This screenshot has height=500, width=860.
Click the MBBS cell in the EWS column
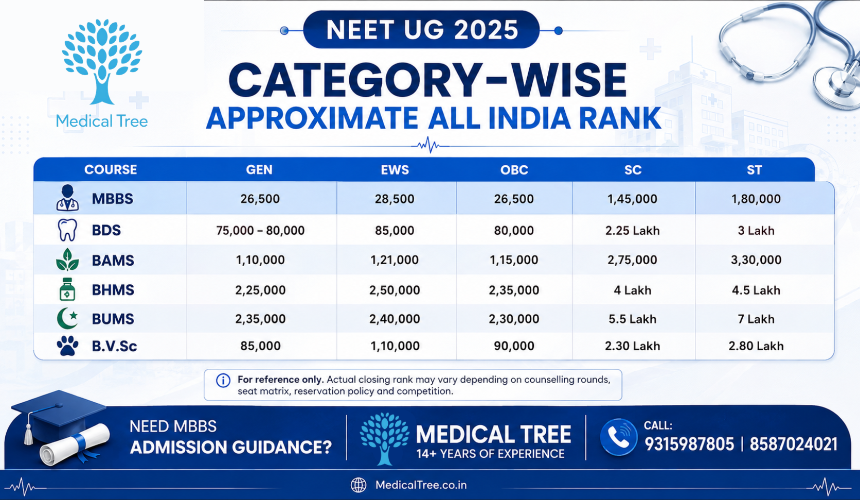coord(395,199)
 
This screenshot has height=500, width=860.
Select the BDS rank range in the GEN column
coord(260,230)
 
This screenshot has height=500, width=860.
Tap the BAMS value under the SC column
coord(632,260)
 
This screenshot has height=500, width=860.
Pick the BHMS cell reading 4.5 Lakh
coord(756,290)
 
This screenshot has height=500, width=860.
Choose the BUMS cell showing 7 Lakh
coord(756,319)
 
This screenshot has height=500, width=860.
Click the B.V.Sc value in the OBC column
coord(514,346)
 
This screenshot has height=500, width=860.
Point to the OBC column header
coord(514,170)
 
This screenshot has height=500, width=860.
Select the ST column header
coord(754,170)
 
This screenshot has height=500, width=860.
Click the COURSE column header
coord(111,170)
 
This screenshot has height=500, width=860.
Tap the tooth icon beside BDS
coord(67,230)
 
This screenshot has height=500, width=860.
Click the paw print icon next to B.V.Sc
coord(67,346)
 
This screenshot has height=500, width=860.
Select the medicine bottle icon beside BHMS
coord(67,289)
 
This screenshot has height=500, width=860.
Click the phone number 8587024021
coord(793,444)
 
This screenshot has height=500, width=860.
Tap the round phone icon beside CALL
coord(618,437)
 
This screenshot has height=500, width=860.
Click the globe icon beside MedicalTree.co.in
coord(358,485)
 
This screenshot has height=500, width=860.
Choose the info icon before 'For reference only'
coord(223,381)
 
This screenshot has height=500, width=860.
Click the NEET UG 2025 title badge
coord(421,29)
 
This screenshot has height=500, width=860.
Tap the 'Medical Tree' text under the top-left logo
coord(102,122)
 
